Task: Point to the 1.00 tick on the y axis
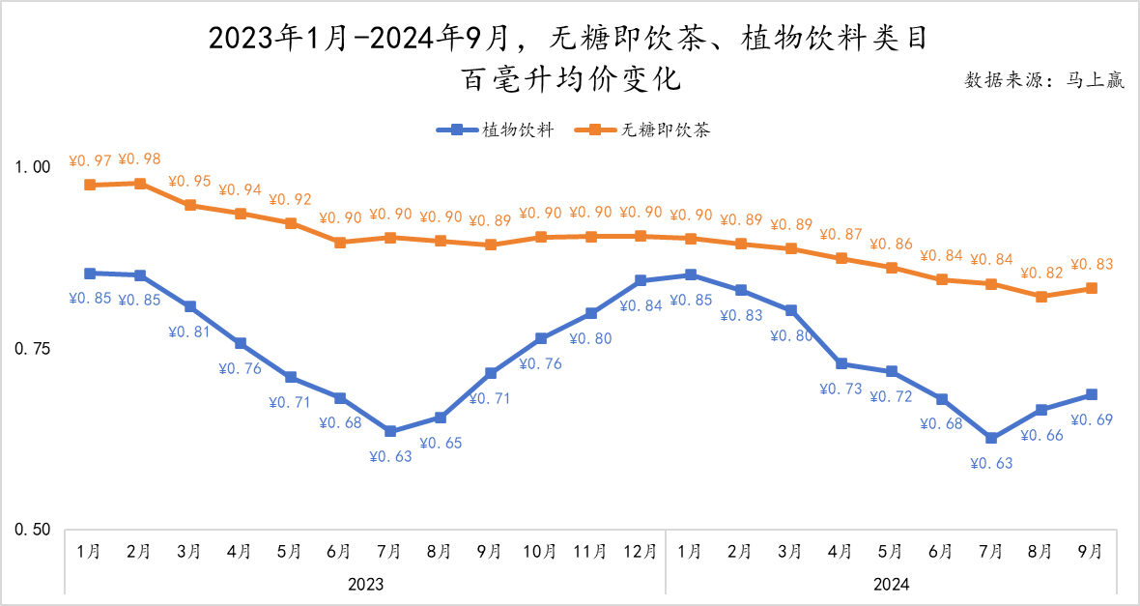pyautogui.click(x=34, y=167)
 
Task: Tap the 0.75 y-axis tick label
pyautogui.click(x=34, y=349)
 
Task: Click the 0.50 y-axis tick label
pyautogui.click(x=34, y=531)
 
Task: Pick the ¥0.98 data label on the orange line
pyautogui.click(x=139, y=159)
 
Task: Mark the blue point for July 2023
pyautogui.click(x=389, y=431)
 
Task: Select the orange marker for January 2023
pyautogui.click(x=90, y=185)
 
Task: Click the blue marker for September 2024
pyautogui.click(x=1091, y=394)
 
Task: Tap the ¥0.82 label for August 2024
pyautogui.click(x=1040, y=273)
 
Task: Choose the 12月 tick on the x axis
pyautogui.click(x=640, y=552)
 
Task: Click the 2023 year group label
pyautogui.click(x=364, y=585)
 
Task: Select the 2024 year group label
pyautogui.click(x=890, y=585)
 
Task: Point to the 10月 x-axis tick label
pyautogui.click(x=539, y=552)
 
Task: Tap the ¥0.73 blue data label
pyautogui.click(x=841, y=389)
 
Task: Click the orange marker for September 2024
pyautogui.click(x=1091, y=288)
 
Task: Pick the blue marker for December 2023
pyautogui.click(x=640, y=281)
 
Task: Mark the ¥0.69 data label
pyautogui.click(x=1092, y=418)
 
